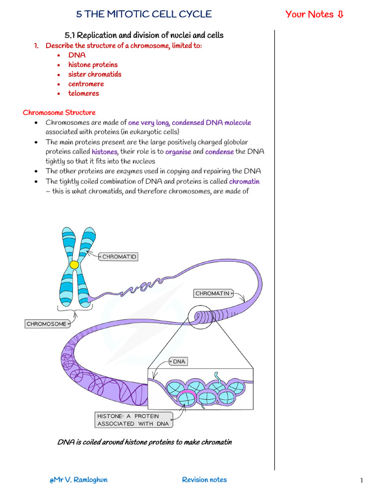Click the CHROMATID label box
pos(119,256)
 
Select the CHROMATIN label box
pos(213,293)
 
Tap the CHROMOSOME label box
pos(46,324)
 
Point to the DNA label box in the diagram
pos(179,362)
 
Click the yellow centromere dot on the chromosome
pos(74,265)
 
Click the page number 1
pos(361,480)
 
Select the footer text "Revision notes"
pos(204,479)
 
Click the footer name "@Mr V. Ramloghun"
pos(79,479)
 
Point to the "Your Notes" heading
pos(315,14)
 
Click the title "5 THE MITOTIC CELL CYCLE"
pos(144,14)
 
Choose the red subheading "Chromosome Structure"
pos(59,112)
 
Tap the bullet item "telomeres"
pos(83,93)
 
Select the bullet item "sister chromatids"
pos(95,74)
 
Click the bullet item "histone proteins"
pos(93,64)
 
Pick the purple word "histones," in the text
pos(105,152)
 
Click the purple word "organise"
pos(178,152)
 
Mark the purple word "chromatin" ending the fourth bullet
pos(244,181)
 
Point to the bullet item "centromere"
pos(86,84)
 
